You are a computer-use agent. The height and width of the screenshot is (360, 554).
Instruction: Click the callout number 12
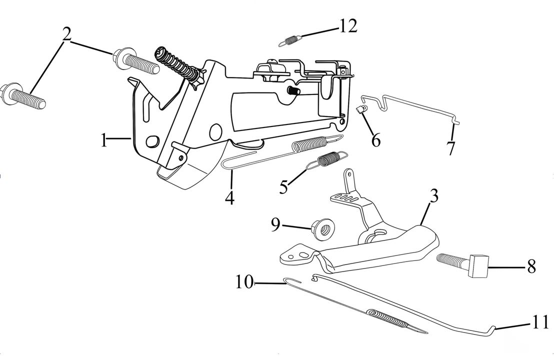tap(348, 26)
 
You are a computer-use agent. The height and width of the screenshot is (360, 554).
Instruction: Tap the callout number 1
tap(103, 140)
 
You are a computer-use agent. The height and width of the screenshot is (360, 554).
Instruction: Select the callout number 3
tap(433, 196)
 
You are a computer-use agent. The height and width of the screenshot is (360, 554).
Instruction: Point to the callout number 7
tap(451, 148)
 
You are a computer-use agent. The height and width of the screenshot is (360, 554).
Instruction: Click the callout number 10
tap(245, 282)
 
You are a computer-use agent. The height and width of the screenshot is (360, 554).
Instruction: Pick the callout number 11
tap(539, 322)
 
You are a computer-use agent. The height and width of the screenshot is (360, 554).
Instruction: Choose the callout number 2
tap(66, 34)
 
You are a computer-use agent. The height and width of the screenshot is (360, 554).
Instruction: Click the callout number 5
tap(283, 187)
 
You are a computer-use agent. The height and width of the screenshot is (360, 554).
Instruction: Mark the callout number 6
tap(375, 140)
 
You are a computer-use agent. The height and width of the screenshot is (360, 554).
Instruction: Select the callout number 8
tap(531, 266)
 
